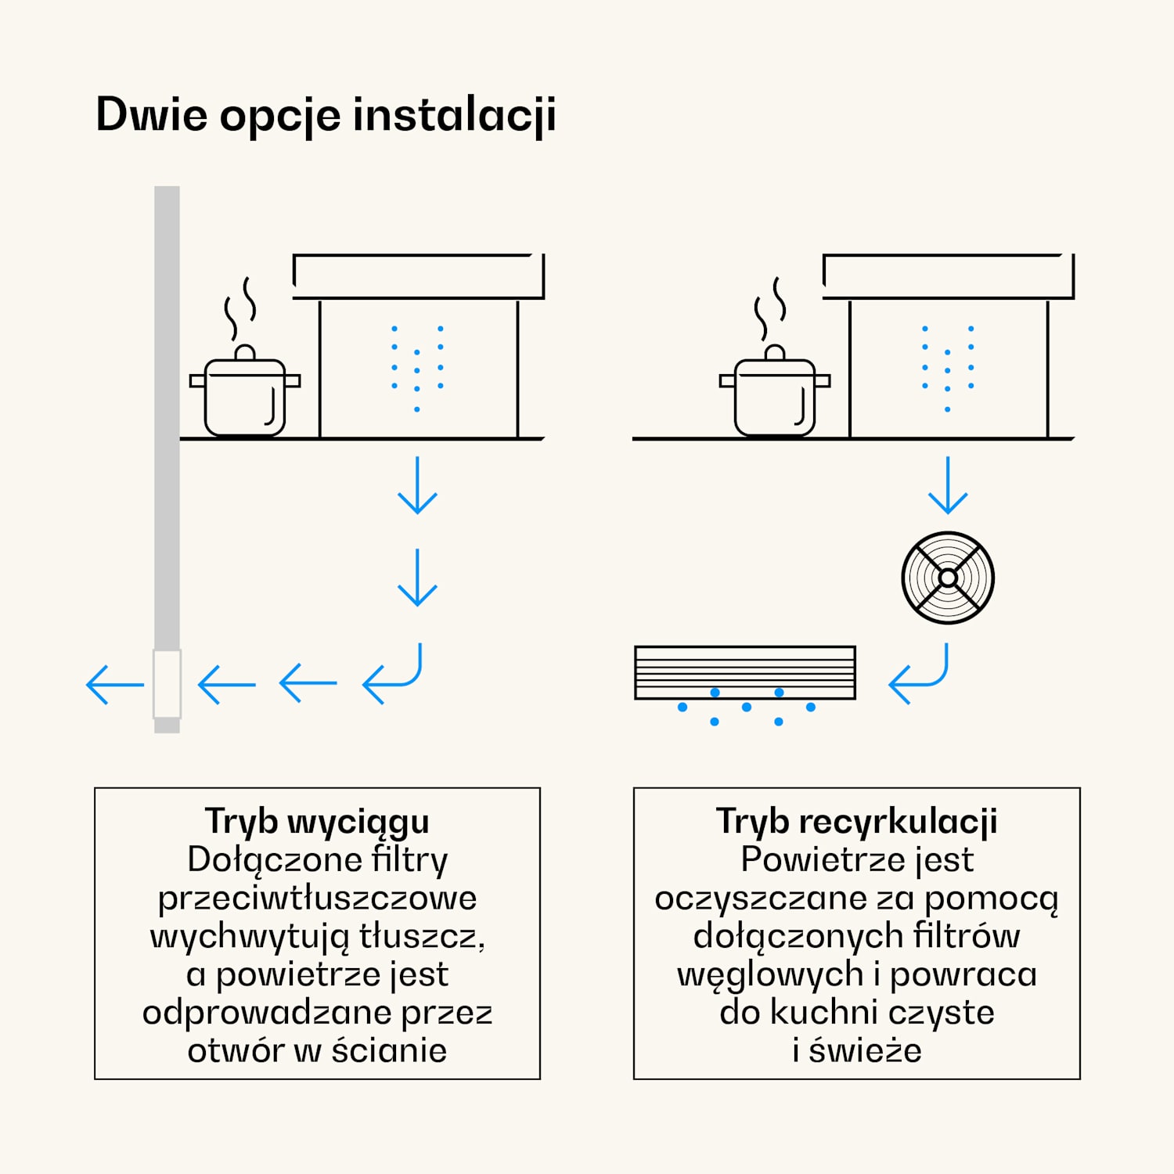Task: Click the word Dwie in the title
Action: (x=152, y=115)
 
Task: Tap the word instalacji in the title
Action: (x=454, y=115)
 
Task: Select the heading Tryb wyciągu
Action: (x=317, y=822)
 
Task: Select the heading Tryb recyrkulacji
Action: (x=856, y=822)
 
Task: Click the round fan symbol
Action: (x=948, y=578)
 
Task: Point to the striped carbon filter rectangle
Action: (x=745, y=672)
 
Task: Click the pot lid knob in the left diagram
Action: (x=245, y=352)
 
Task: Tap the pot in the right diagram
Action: (x=775, y=395)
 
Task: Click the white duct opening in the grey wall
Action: (x=167, y=683)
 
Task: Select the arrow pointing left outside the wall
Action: (x=114, y=684)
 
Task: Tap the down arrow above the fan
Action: (x=948, y=485)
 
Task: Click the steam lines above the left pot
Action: (x=239, y=308)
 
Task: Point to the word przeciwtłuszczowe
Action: (x=317, y=899)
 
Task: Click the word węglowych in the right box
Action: (x=770, y=975)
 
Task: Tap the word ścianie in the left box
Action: (x=389, y=1050)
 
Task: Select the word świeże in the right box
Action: (x=865, y=1050)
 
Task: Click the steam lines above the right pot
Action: (x=769, y=308)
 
